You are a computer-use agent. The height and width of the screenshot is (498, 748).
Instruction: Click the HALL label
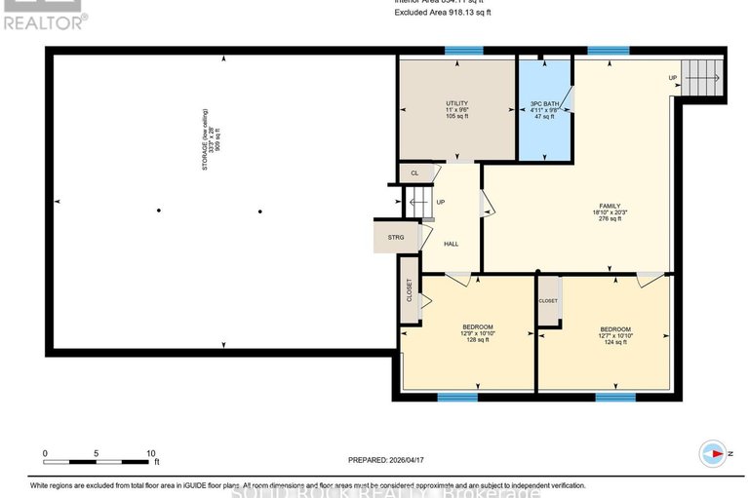(451, 244)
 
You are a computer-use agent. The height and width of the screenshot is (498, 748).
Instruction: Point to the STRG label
(395, 236)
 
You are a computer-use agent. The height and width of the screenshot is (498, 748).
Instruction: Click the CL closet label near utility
(414, 172)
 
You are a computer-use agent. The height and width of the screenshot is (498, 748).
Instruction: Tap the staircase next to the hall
(417, 203)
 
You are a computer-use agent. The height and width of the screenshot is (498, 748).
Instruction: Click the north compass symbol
(713, 453)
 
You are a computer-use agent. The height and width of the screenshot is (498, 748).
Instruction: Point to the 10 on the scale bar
(151, 453)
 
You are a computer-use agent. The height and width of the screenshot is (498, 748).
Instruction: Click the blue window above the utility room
(463, 50)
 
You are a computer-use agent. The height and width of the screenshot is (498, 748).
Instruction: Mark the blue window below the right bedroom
(615, 397)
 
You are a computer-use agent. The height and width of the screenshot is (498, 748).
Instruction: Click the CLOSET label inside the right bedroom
(548, 300)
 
